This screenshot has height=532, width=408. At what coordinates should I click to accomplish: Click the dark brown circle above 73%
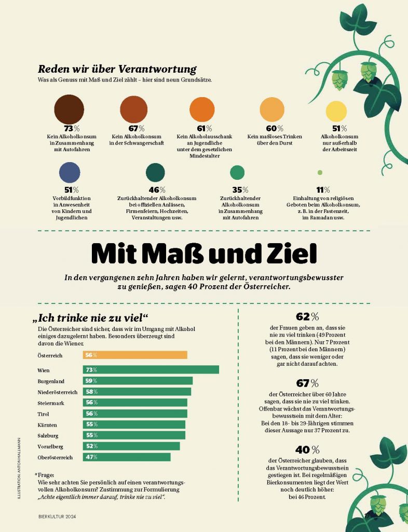[x=69, y=109]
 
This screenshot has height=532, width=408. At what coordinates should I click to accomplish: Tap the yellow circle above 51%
[x=336, y=111]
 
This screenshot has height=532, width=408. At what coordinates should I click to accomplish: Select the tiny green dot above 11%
[x=320, y=172]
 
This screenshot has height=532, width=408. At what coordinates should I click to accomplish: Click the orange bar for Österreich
[x=135, y=355]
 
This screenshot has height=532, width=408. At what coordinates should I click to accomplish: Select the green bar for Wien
[x=151, y=370]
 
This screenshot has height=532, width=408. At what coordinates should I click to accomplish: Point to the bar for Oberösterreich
[x=127, y=457]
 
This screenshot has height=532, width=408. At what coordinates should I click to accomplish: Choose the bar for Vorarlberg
[x=131, y=446]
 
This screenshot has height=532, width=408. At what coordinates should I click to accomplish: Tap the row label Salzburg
[x=50, y=435]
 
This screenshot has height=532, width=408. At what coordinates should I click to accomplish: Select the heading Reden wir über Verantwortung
[x=117, y=69]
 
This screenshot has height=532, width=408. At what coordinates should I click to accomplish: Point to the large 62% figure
[x=307, y=316]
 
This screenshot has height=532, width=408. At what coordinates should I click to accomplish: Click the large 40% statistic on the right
[x=307, y=449]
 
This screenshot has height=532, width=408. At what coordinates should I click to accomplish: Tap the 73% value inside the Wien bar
[x=91, y=370]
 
